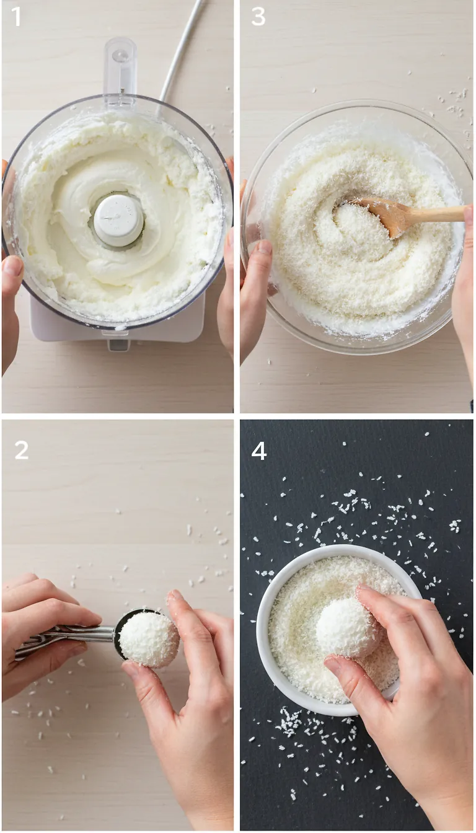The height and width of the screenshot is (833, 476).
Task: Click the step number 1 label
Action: [16, 17]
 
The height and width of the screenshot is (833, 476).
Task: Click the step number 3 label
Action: [258, 17]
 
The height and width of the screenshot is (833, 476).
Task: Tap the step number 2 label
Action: [21, 450]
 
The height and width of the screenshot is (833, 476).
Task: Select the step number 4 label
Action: [259, 451]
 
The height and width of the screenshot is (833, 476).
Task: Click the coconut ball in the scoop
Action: [149, 639]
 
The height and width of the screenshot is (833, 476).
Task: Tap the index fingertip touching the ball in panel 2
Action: [175, 599]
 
